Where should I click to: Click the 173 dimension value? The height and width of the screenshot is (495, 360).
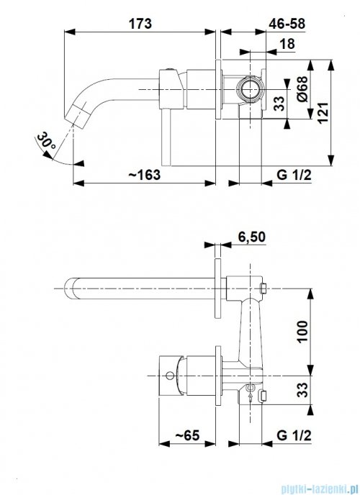pyautogui.click(x=140, y=24)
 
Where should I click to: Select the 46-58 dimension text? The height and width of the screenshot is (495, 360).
pyautogui.click(x=287, y=24)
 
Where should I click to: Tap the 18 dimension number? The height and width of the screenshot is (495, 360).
pyautogui.click(x=287, y=44)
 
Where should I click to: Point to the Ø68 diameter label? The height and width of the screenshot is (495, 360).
pyautogui.click(x=302, y=88)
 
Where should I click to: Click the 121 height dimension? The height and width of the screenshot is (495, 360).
pyautogui.click(x=323, y=113)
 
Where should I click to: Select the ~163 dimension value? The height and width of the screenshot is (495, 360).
pyautogui.click(x=144, y=174)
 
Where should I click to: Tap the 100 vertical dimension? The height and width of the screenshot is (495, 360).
pyautogui.click(x=302, y=332)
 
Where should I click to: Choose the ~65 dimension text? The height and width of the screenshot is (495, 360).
pyautogui.click(x=187, y=435)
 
